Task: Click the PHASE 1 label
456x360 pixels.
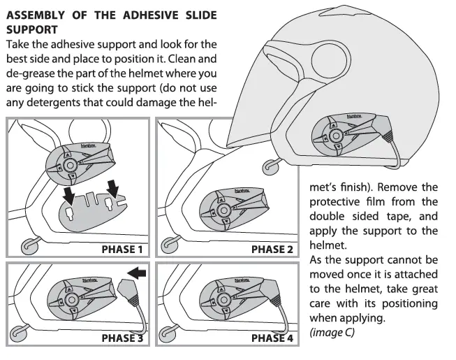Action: (x=122, y=249)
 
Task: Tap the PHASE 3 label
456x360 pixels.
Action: (x=122, y=339)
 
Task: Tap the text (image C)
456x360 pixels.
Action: (x=332, y=333)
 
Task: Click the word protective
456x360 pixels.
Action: (x=337, y=203)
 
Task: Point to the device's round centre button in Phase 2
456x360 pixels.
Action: (x=225, y=208)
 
